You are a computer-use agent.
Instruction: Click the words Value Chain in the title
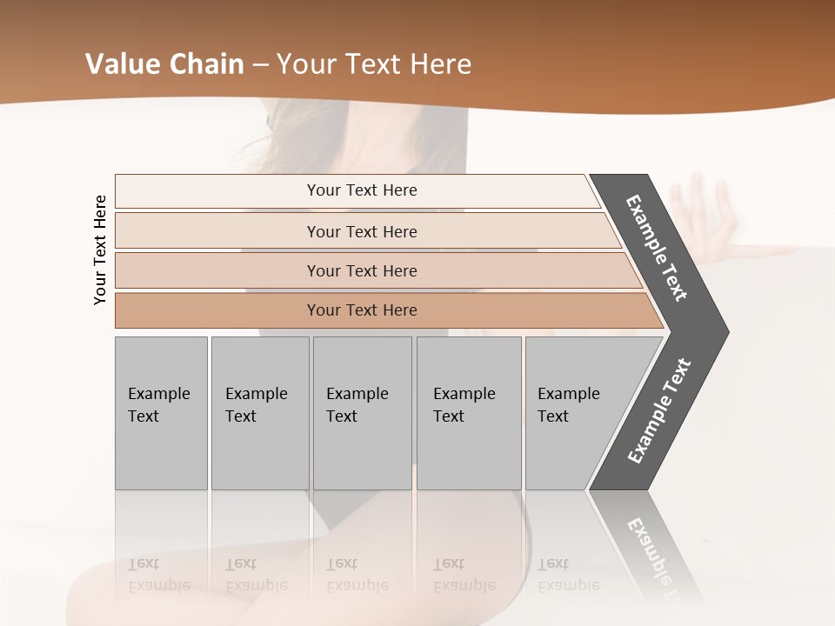pyautogui.click(x=164, y=64)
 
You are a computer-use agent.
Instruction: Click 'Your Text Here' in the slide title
pyautogui.click(x=374, y=64)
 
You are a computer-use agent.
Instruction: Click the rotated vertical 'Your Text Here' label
pyautogui.click(x=100, y=250)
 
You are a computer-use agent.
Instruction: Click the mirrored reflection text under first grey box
pyautogui.click(x=159, y=575)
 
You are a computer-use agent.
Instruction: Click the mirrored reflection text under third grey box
pyautogui.click(x=357, y=575)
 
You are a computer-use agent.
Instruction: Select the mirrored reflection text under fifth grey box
pyautogui.click(x=569, y=575)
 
